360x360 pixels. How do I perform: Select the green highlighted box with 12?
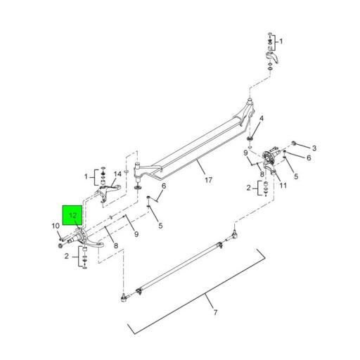pyautogui.click(x=73, y=214)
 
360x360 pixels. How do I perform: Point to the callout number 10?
pyautogui.click(x=56, y=226)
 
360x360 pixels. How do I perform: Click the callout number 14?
pyautogui.click(x=117, y=174)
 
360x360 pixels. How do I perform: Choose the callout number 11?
pyautogui.click(x=283, y=186)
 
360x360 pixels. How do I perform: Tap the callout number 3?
pyautogui.click(x=314, y=148)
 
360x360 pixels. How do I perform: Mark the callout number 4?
pyautogui.click(x=260, y=118)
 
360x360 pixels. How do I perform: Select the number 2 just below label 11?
pyautogui.click(x=248, y=188)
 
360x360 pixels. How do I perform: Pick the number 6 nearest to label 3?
pyautogui.click(x=308, y=158)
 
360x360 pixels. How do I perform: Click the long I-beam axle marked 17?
pyautogui.click(x=190, y=144)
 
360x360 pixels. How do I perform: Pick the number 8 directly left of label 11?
pyautogui.click(x=262, y=174)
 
